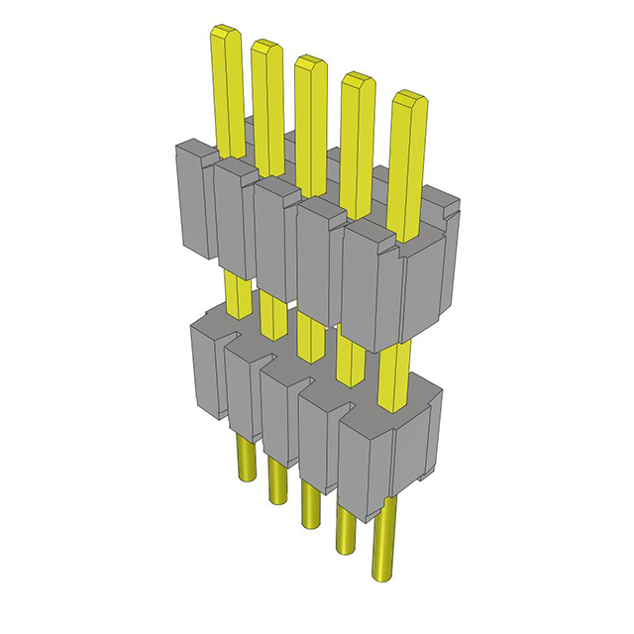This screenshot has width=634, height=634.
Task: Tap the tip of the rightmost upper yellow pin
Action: point(408,99)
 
